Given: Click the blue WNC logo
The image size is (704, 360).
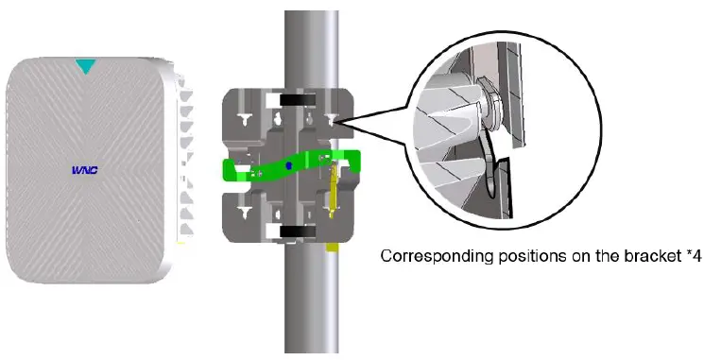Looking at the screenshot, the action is (85, 170).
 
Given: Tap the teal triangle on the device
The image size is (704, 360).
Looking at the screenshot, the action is (85, 65).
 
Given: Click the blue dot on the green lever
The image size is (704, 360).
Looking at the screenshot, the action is (289, 165).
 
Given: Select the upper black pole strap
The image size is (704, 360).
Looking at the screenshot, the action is (298, 99).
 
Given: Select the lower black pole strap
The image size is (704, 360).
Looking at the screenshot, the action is (298, 231).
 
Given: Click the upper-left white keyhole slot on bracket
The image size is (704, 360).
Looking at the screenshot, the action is (245, 120).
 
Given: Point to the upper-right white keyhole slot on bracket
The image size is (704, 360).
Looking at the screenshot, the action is (332, 119).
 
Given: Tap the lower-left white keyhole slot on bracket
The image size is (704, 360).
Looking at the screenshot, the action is (245, 213).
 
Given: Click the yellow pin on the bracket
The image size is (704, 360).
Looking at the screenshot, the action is (334, 191).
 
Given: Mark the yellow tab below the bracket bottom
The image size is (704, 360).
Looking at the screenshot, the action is (332, 247).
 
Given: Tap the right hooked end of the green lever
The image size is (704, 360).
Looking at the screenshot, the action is (353, 161).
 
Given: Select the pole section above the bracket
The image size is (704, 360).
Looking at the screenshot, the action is (312, 49).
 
